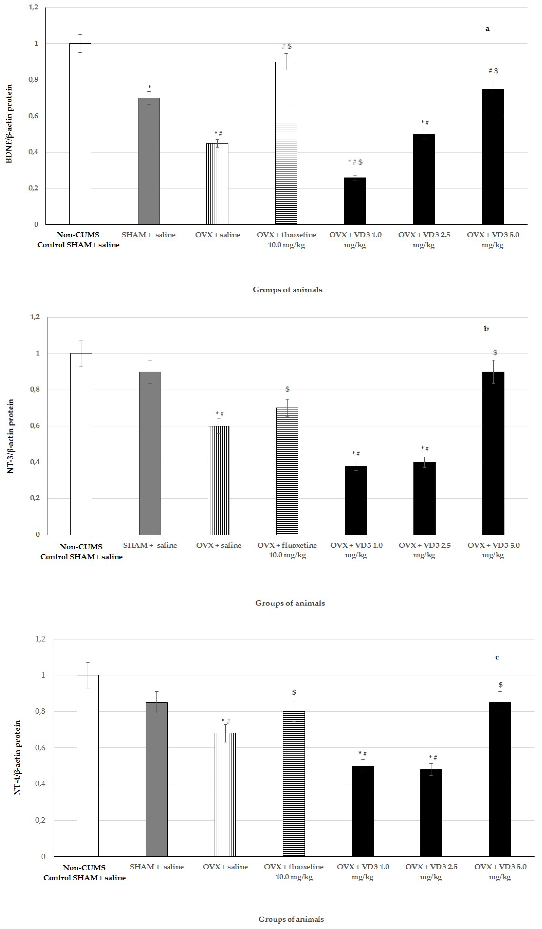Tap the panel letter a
click(x=487, y=29)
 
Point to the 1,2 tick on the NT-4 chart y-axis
click(x=40, y=639)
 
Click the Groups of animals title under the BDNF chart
click(x=287, y=290)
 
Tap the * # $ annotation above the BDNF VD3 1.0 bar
click(x=355, y=162)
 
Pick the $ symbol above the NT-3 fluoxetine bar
click(x=287, y=389)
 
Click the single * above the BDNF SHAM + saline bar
click(x=149, y=87)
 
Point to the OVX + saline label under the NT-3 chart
click(x=219, y=545)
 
